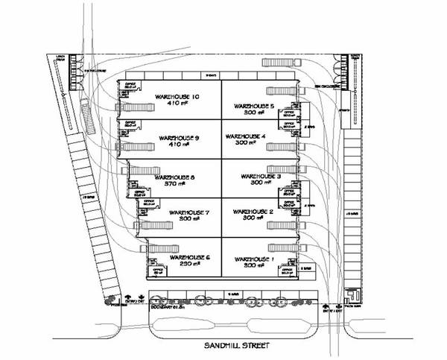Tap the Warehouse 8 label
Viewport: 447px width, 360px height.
pos(172,177)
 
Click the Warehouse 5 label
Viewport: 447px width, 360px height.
pos(253,106)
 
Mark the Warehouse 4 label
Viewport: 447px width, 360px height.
pos(245,137)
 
